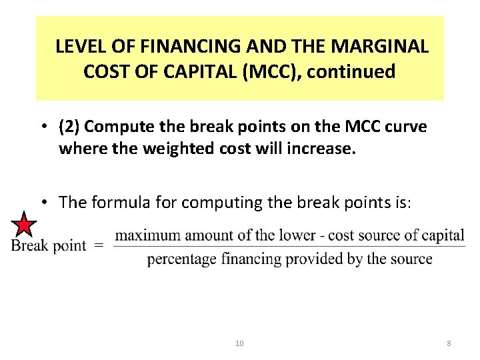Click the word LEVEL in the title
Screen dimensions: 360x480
75,47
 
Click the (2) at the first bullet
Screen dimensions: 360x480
69,126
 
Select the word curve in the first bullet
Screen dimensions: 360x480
405,126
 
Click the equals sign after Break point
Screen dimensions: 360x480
98,245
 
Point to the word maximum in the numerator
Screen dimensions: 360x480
148,235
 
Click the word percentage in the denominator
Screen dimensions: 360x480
178,259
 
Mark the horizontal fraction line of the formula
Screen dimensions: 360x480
289,247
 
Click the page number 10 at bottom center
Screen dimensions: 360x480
239,343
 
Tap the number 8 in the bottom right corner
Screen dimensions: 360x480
449,343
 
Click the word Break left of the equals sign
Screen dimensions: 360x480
29,245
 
